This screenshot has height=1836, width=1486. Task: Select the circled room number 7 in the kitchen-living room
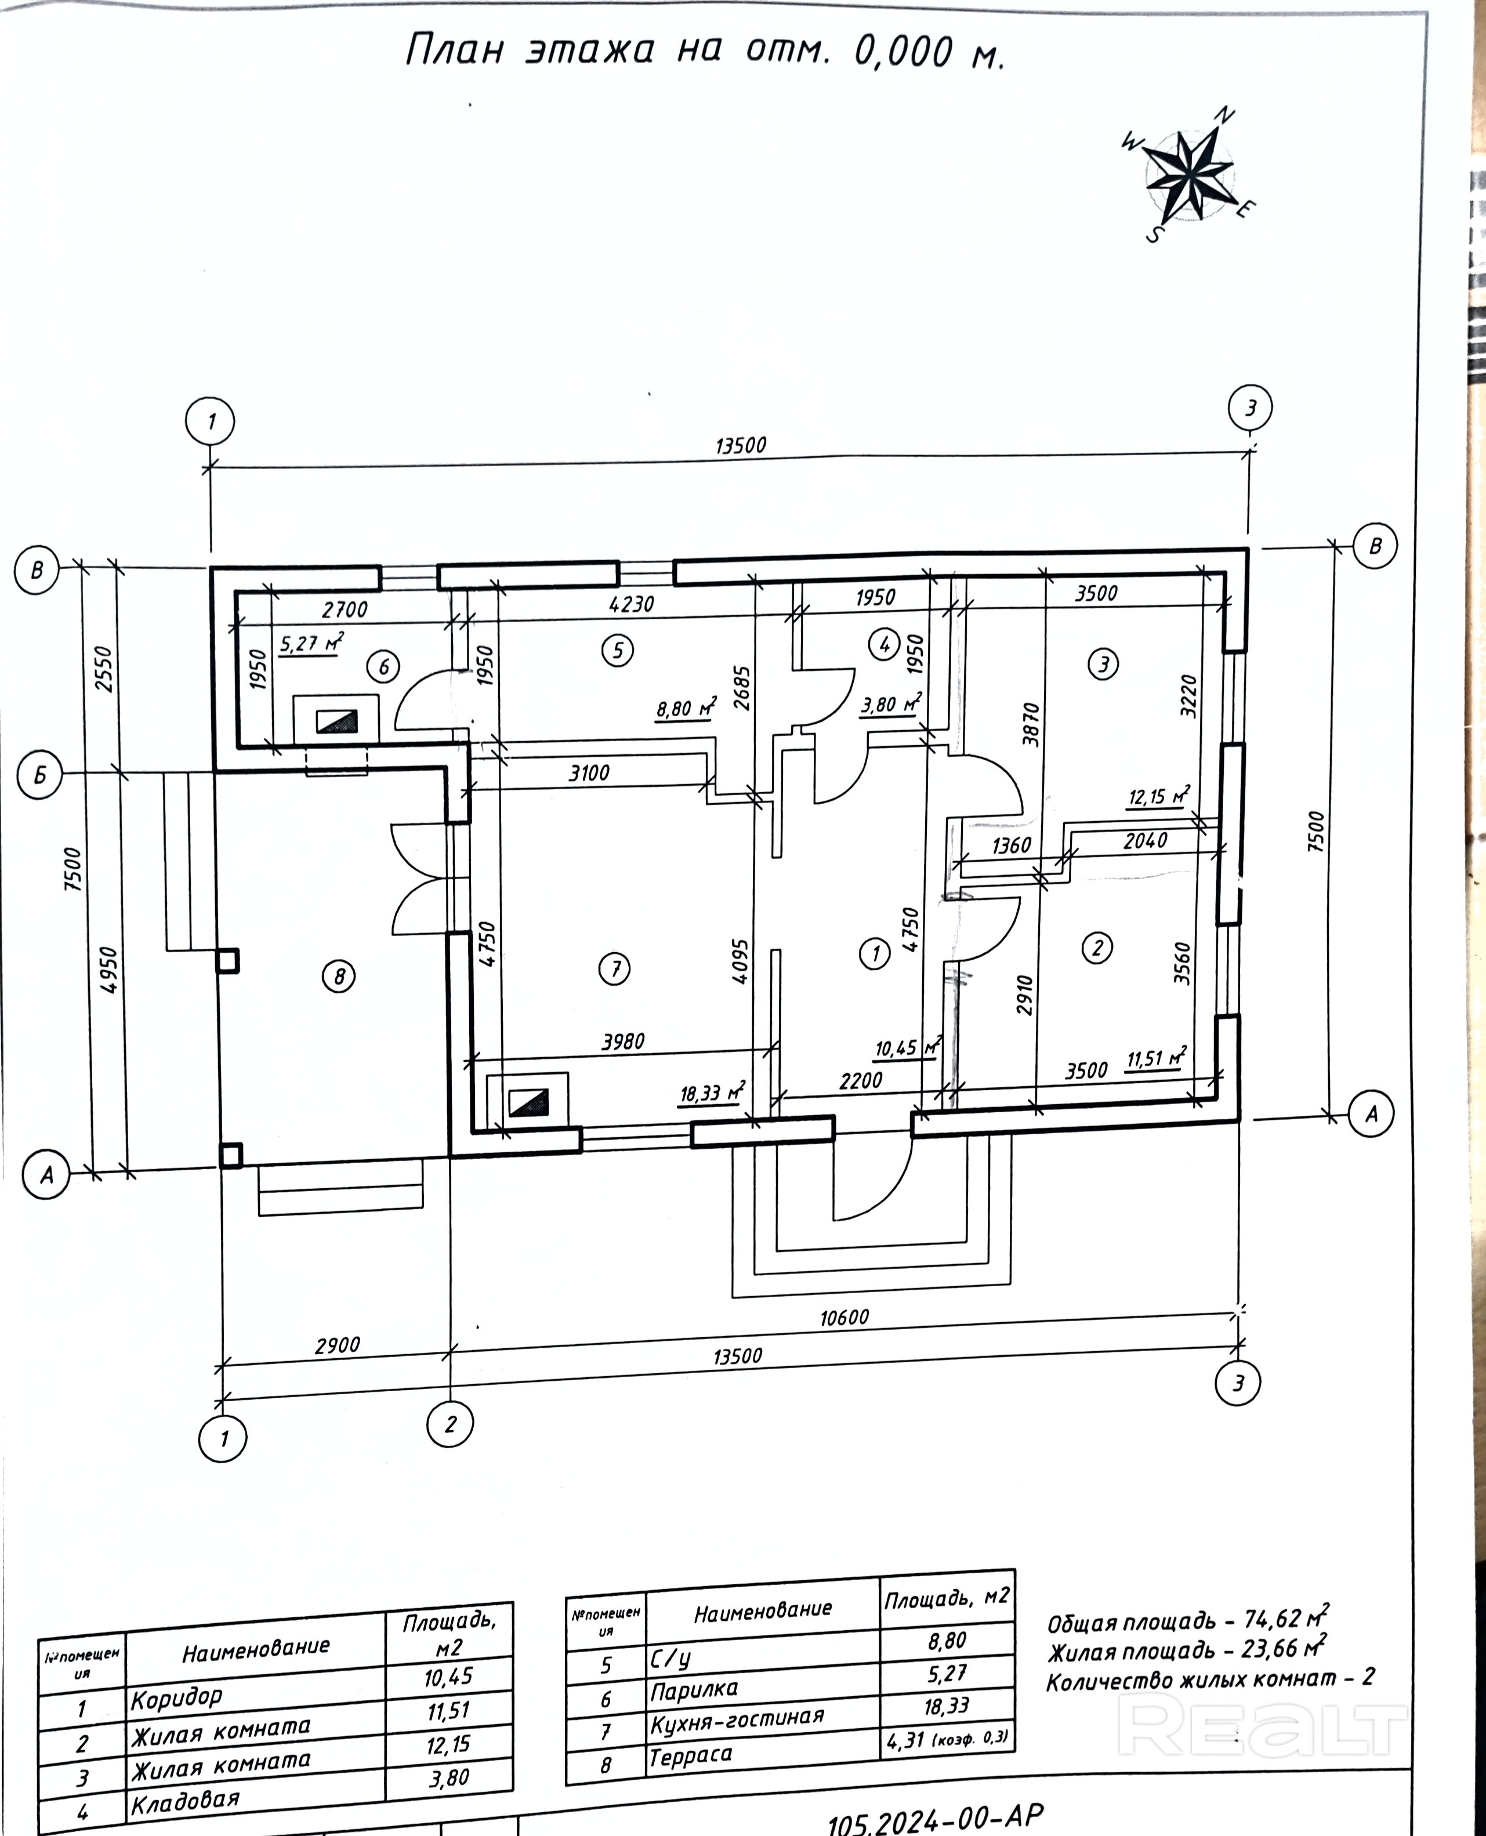[615, 969]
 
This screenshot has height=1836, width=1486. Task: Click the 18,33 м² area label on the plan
[711, 1093]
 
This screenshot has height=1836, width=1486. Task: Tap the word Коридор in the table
[176, 1697]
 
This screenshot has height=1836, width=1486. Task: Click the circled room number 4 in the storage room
[885, 644]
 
